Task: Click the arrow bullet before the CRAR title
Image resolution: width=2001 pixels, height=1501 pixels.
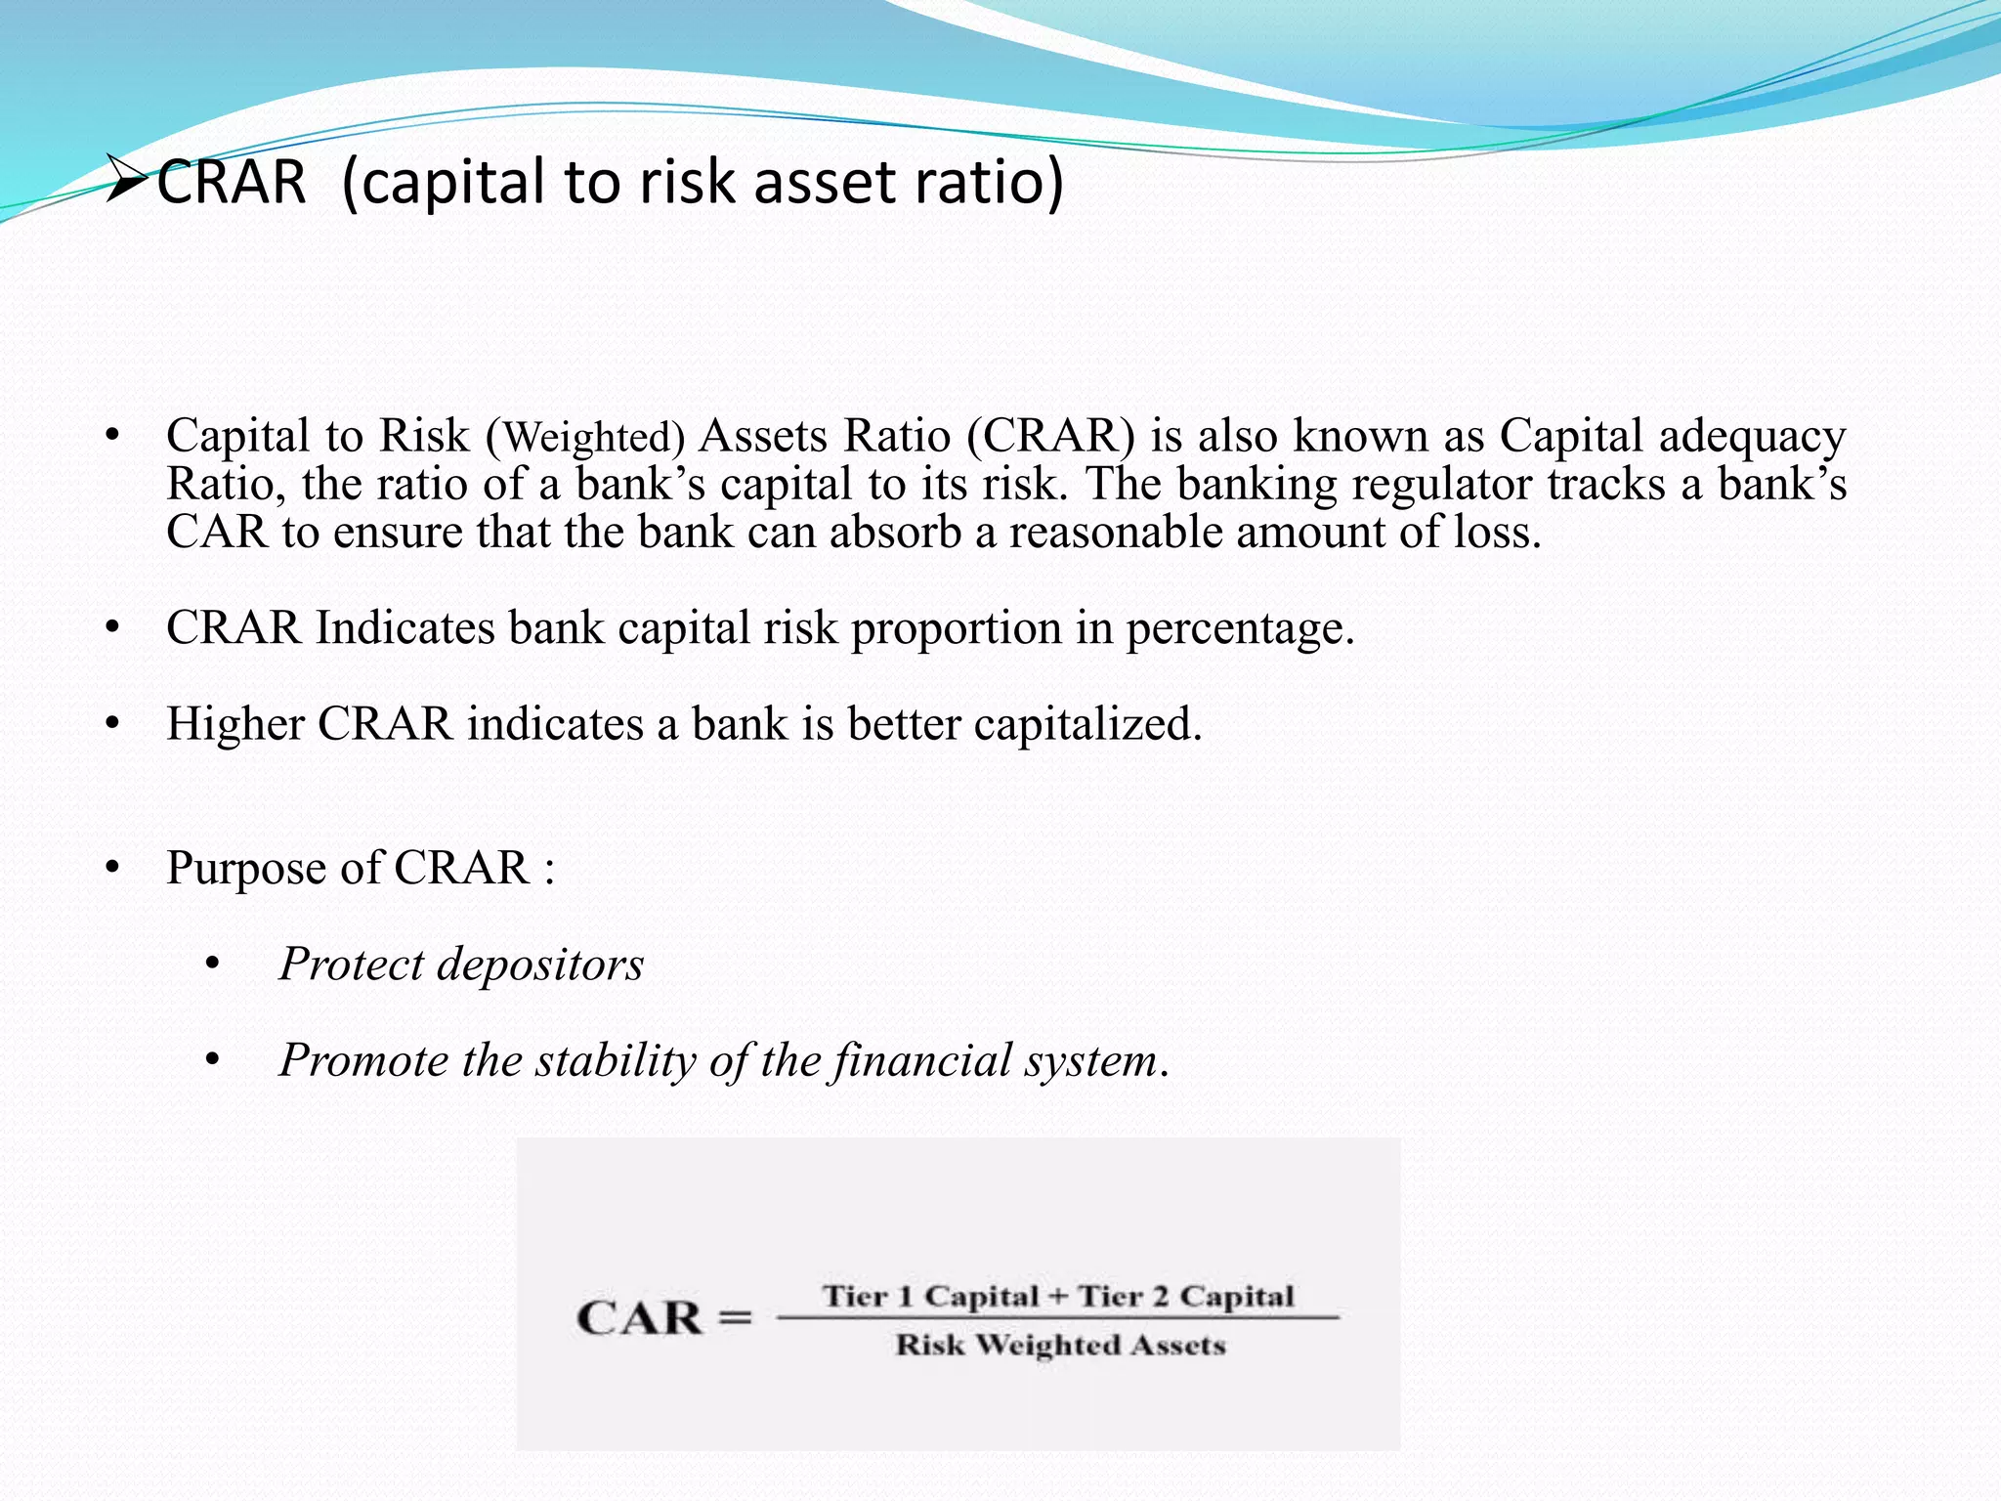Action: (x=127, y=182)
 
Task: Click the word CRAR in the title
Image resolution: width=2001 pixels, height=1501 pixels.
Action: (x=232, y=183)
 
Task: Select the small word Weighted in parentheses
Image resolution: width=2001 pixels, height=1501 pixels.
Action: (x=593, y=437)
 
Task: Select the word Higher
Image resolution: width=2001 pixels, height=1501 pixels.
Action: (x=234, y=724)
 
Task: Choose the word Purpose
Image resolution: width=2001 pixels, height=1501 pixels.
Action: (x=245, y=868)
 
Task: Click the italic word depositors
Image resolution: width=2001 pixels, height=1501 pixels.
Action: (x=539, y=965)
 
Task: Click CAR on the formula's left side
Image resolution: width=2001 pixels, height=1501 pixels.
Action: (x=640, y=1318)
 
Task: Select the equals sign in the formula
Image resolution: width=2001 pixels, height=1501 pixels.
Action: (x=735, y=1318)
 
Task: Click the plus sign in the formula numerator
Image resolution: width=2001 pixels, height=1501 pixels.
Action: (x=1057, y=1297)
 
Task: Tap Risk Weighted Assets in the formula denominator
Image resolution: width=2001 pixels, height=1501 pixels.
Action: (x=1060, y=1346)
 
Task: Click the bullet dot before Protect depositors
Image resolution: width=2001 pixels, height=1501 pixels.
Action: (x=213, y=965)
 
